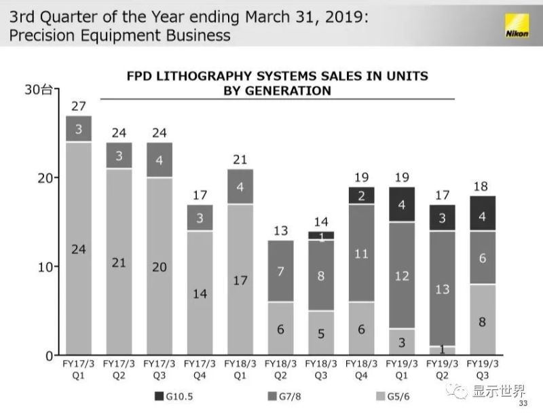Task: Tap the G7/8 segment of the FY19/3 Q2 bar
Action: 441,289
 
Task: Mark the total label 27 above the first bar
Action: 79,106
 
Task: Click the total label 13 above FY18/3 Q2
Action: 280,231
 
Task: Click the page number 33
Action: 523,404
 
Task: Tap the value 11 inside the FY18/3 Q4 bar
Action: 360,254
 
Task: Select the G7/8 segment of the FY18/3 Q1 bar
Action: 240,186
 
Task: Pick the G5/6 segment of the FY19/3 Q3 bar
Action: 481,320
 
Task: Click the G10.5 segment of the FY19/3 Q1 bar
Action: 401,204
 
